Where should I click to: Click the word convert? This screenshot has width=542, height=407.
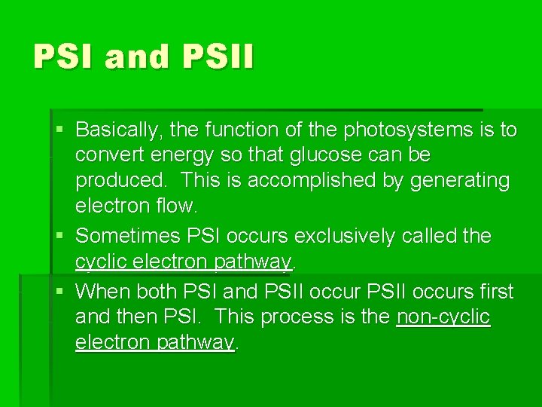[x=105, y=155]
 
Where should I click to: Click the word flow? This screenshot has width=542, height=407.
[x=177, y=206]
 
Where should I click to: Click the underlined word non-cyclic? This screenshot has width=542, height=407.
[x=443, y=317]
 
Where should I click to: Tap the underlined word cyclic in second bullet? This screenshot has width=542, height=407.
[x=102, y=262]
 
